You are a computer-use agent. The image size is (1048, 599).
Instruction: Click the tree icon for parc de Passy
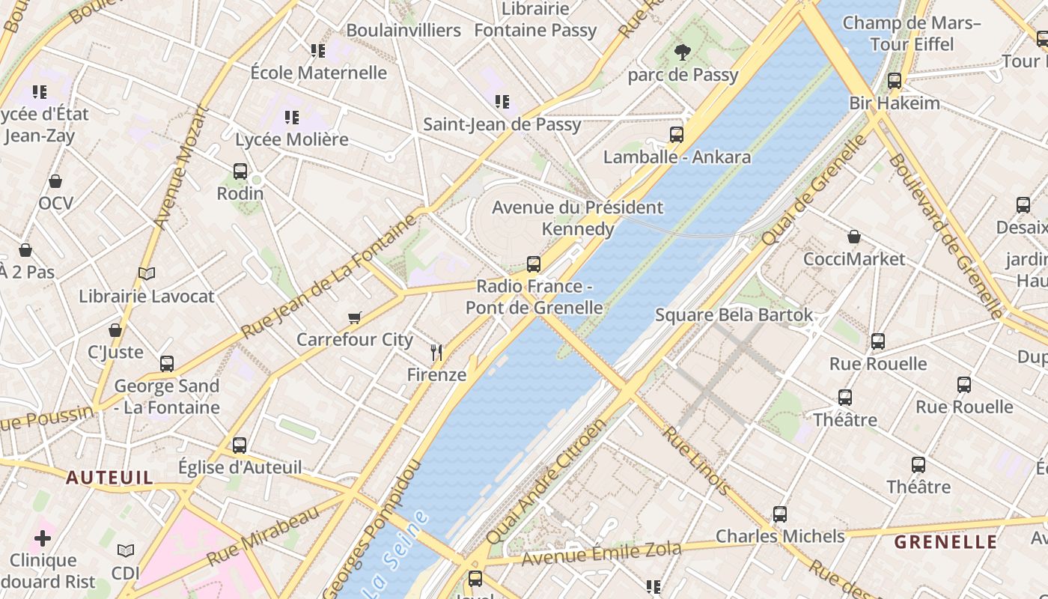click(682, 52)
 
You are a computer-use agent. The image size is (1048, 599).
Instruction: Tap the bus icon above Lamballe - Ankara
click(677, 135)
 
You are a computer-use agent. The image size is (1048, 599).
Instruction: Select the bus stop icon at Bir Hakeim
click(894, 81)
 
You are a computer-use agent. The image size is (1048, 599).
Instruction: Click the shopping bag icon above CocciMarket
click(854, 237)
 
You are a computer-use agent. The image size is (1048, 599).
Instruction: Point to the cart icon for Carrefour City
click(355, 317)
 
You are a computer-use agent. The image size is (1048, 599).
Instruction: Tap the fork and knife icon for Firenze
click(436, 352)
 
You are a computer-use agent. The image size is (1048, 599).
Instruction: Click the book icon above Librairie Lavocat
click(147, 274)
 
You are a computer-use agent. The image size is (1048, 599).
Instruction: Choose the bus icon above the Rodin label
click(240, 171)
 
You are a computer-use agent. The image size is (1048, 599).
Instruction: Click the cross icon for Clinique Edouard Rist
click(43, 538)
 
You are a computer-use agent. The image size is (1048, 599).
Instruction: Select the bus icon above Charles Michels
click(780, 514)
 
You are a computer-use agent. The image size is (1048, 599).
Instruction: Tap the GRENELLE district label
click(946, 542)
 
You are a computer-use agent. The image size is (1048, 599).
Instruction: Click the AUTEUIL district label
click(109, 477)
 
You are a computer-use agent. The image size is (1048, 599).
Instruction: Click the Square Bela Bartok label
click(734, 314)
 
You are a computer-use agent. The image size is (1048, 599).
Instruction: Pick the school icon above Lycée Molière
click(292, 118)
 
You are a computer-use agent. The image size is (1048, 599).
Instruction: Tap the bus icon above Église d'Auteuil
click(240, 446)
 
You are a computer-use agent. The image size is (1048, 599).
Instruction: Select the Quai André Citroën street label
click(546, 482)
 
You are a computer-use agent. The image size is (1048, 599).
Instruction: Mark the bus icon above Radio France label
click(534, 264)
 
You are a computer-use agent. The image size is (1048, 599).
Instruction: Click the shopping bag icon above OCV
click(55, 181)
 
